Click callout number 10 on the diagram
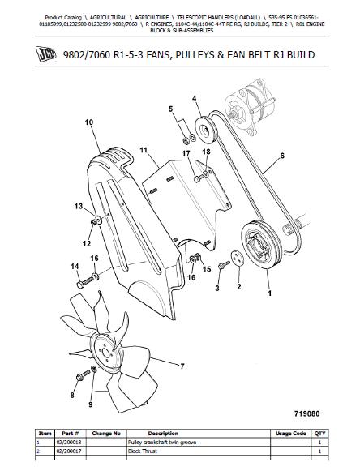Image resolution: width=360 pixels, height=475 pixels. point(89,122)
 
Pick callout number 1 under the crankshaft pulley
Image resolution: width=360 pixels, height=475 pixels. point(269,293)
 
